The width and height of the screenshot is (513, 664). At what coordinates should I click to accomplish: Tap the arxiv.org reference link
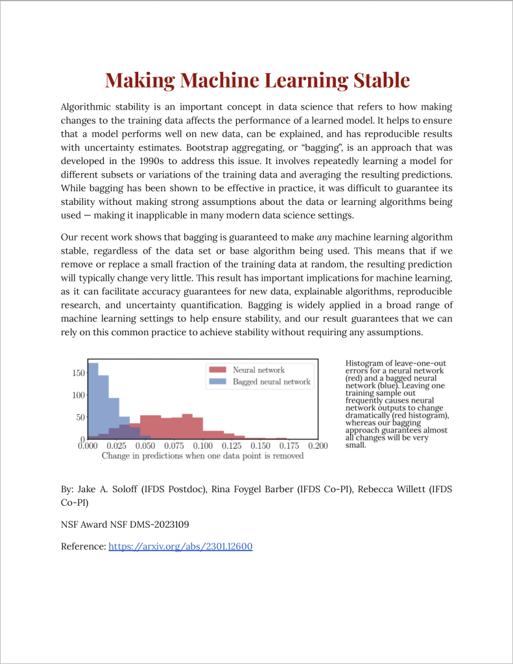[180, 546]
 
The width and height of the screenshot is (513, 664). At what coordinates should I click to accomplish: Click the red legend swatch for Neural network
[217, 370]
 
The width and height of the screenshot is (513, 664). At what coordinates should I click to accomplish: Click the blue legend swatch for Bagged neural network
[217, 382]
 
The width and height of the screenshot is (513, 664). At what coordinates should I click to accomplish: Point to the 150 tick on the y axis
[78, 373]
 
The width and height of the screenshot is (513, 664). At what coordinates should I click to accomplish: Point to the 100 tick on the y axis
[78, 395]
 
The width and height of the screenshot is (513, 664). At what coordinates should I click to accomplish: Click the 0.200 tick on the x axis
[317, 446]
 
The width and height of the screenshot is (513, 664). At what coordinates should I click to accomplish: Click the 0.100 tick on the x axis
[202, 446]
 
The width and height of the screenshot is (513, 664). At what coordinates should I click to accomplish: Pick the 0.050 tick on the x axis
[145, 446]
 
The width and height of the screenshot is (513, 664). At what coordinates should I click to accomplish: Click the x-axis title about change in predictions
[202, 456]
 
